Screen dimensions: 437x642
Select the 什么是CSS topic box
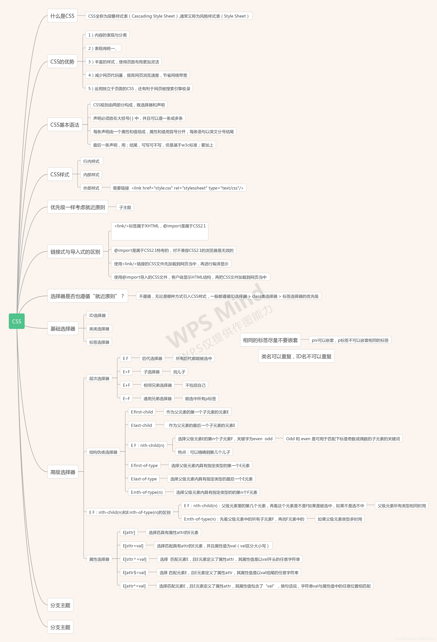click(62, 16)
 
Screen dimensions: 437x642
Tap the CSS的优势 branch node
click(62, 61)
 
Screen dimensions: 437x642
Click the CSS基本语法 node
click(65, 124)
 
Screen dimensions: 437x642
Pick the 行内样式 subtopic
click(91, 161)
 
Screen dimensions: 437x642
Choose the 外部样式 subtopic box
click(91, 188)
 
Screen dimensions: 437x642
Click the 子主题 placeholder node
click(125, 207)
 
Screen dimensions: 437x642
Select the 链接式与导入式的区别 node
click(75, 252)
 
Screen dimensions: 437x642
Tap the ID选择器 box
click(97, 315)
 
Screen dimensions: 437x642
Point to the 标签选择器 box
click(99, 342)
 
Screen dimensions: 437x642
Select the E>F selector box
click(126, 372)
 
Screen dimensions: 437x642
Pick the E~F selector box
click(126, 398)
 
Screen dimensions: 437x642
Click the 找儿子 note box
click(179, 372)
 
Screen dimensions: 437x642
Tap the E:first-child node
click(142, 412)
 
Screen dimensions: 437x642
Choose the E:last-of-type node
click(144, 479)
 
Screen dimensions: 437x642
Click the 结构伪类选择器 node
click(103, 452)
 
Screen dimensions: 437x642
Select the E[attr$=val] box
click(134, 572)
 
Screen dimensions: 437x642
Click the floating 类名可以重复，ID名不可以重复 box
click(296, 356)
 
